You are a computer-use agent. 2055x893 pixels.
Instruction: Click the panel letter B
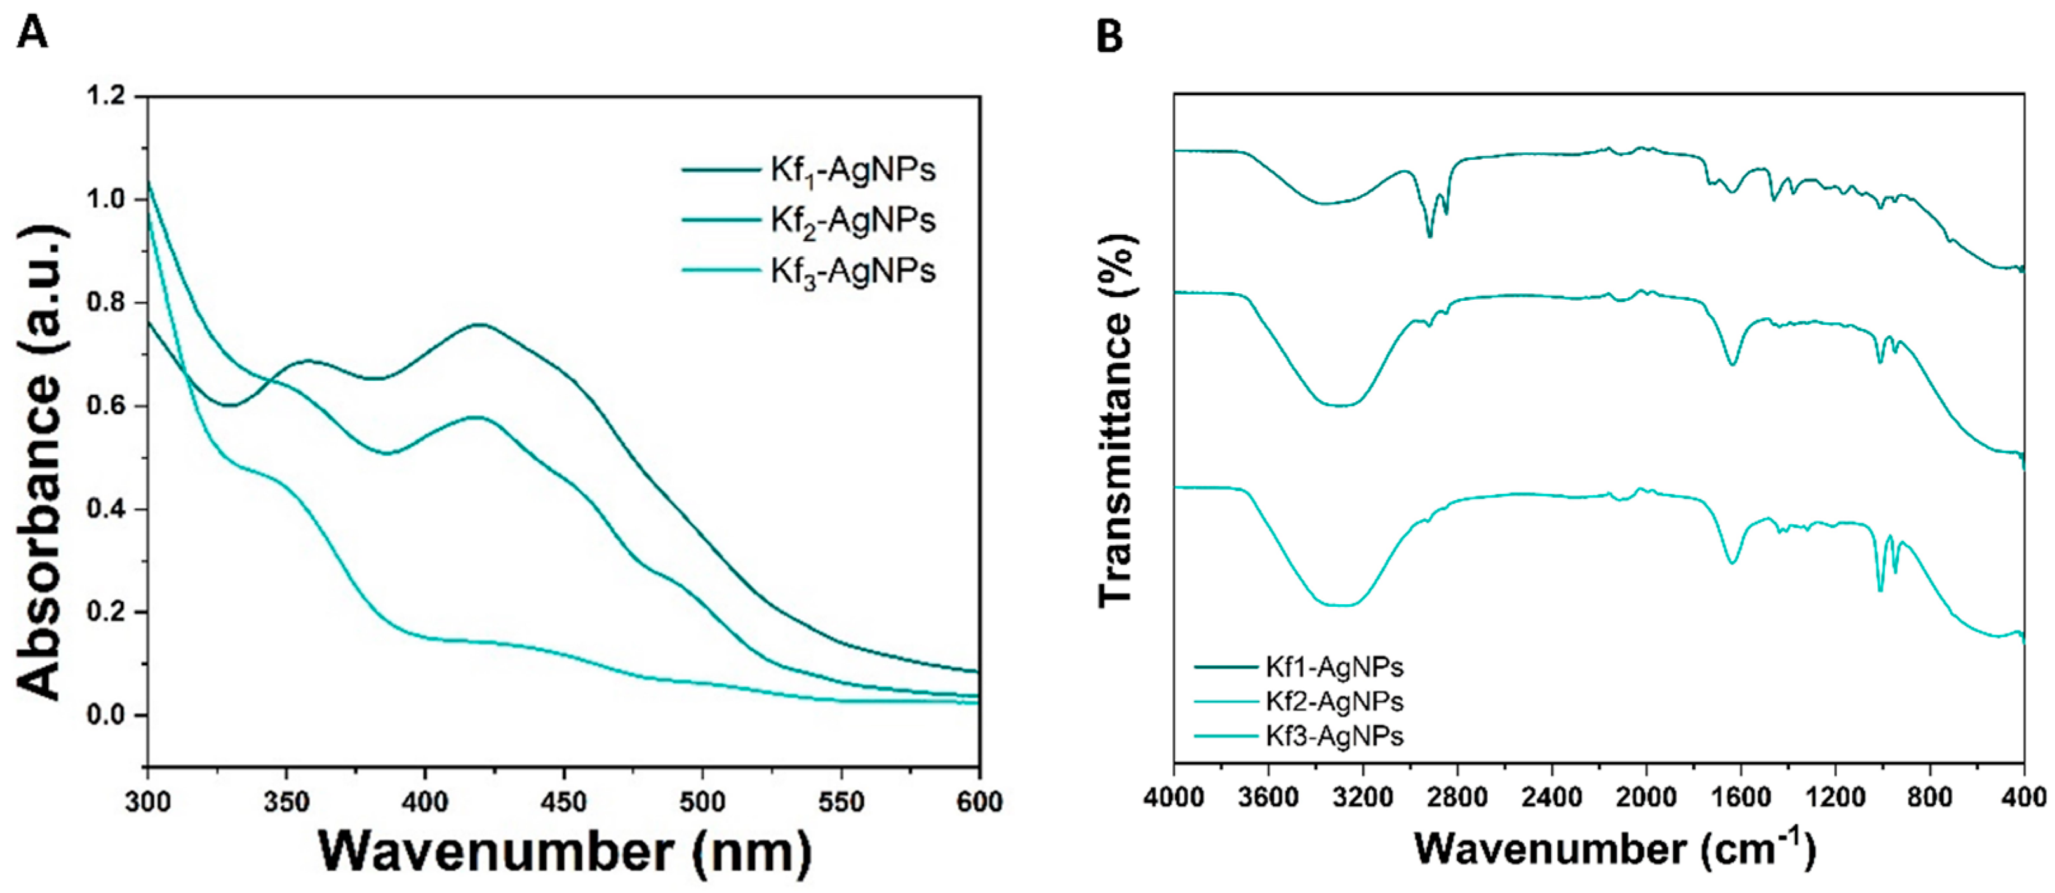[1109, 36]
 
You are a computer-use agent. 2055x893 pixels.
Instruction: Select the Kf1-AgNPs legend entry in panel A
[852, 170]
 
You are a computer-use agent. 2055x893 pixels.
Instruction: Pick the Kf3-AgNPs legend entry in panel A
[852, 271]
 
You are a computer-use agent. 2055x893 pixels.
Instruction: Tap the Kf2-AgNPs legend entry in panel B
[1334, 702]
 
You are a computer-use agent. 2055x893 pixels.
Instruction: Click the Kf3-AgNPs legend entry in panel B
[1334, 736]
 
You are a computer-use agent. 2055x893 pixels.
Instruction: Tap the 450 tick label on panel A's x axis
[564, 802]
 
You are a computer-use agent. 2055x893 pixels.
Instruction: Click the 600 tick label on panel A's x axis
[979, 802]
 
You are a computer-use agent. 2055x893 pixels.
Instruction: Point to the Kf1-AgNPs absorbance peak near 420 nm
[479, 324]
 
